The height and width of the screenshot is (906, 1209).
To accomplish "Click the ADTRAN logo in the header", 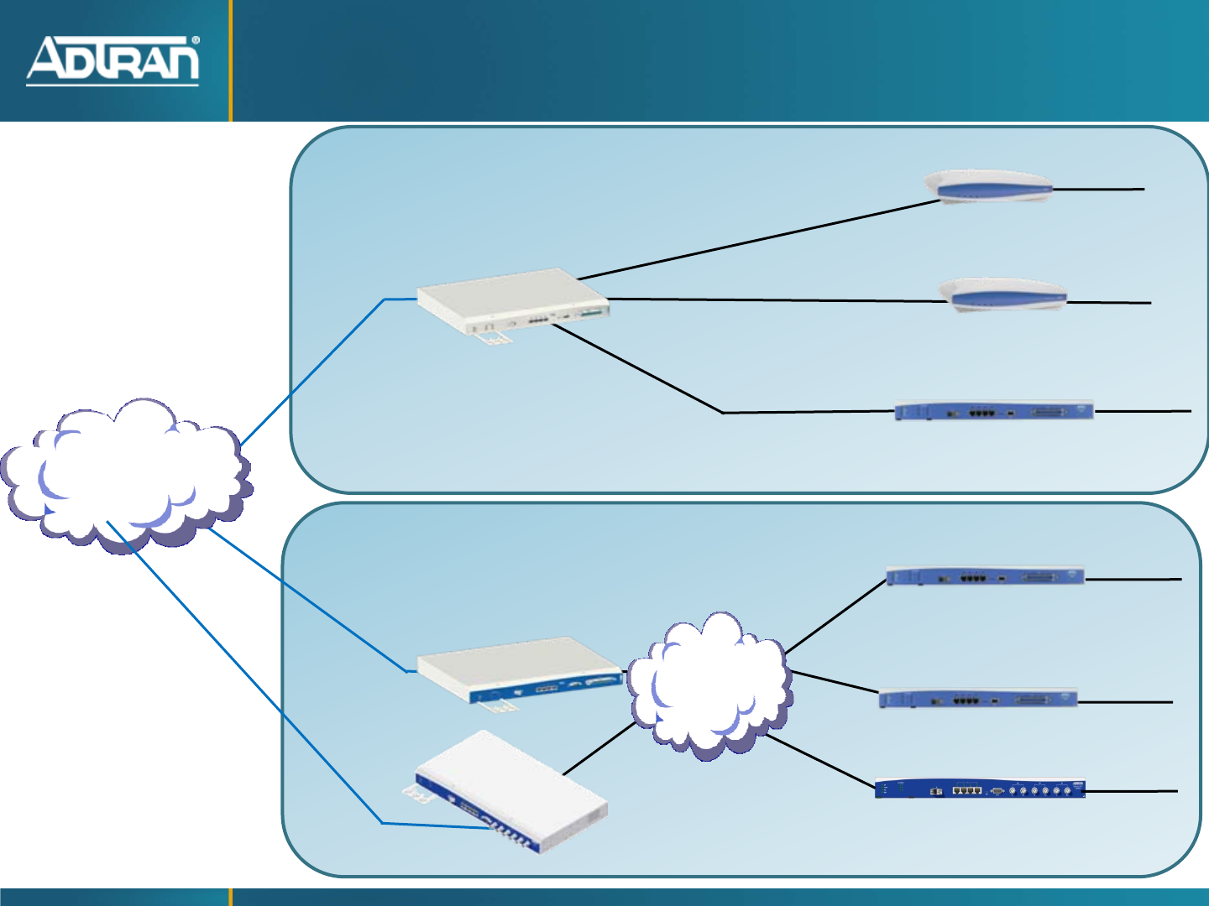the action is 113,60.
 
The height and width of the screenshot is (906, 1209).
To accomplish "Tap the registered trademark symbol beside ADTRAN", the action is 196,40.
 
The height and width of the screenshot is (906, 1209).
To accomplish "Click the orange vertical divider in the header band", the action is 230,60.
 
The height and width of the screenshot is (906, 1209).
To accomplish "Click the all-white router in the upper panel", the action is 512,300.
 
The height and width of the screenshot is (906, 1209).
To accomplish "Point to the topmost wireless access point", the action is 989,187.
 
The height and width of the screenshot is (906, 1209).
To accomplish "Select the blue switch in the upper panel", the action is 995,411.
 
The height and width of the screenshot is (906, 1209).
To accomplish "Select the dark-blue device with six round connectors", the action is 980,789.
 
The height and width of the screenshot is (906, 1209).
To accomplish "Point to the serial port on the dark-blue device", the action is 997,790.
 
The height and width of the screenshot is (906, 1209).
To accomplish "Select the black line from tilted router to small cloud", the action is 598,748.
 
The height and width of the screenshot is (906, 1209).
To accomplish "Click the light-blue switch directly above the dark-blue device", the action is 979,699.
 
